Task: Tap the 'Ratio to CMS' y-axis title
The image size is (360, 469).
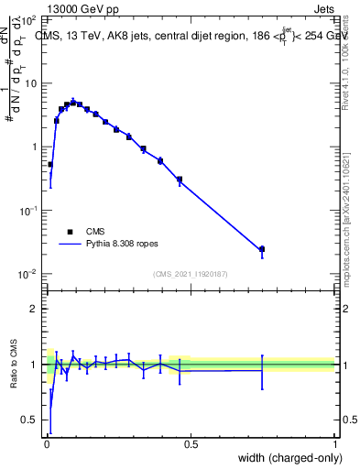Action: [14, 365]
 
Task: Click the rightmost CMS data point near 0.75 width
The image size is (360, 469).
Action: [262, 249]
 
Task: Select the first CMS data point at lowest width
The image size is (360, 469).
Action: [50, 165]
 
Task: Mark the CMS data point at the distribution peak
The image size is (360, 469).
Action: [73, 103]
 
